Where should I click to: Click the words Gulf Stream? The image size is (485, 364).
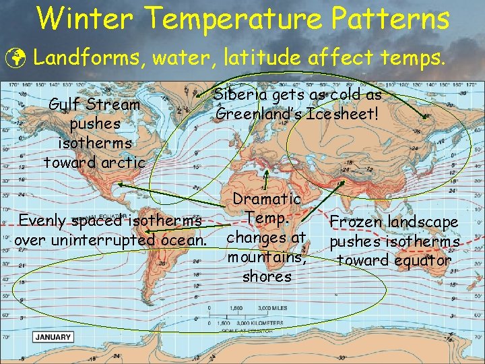coord(94,105)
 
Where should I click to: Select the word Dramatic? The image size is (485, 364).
coord(267,199)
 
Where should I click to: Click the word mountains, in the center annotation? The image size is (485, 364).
coord(266,257)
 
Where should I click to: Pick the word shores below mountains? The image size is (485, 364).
coord(266,276)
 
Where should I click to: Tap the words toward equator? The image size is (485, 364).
coord(394,260)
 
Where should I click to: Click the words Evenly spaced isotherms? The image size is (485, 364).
coord(110,221)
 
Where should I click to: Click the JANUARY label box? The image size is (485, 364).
coord(53,337)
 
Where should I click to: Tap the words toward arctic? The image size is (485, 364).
coord(94,162)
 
